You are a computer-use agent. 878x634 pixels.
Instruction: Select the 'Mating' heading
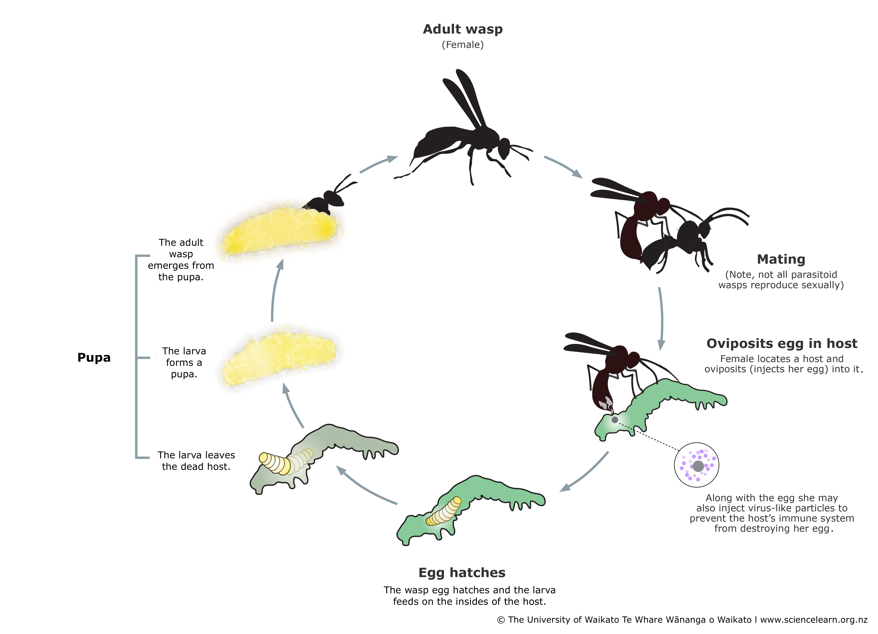tap(781, 259)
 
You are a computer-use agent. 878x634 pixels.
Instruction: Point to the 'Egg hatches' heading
tap(462, 573)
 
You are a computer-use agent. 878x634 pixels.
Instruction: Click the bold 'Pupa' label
tap(94, 357)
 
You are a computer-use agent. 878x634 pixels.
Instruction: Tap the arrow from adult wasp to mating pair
tap(563, 166)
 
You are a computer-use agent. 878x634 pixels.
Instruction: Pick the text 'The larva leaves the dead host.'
tap(196, 461)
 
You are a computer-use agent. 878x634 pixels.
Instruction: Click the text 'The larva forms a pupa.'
tap(184, 362)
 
